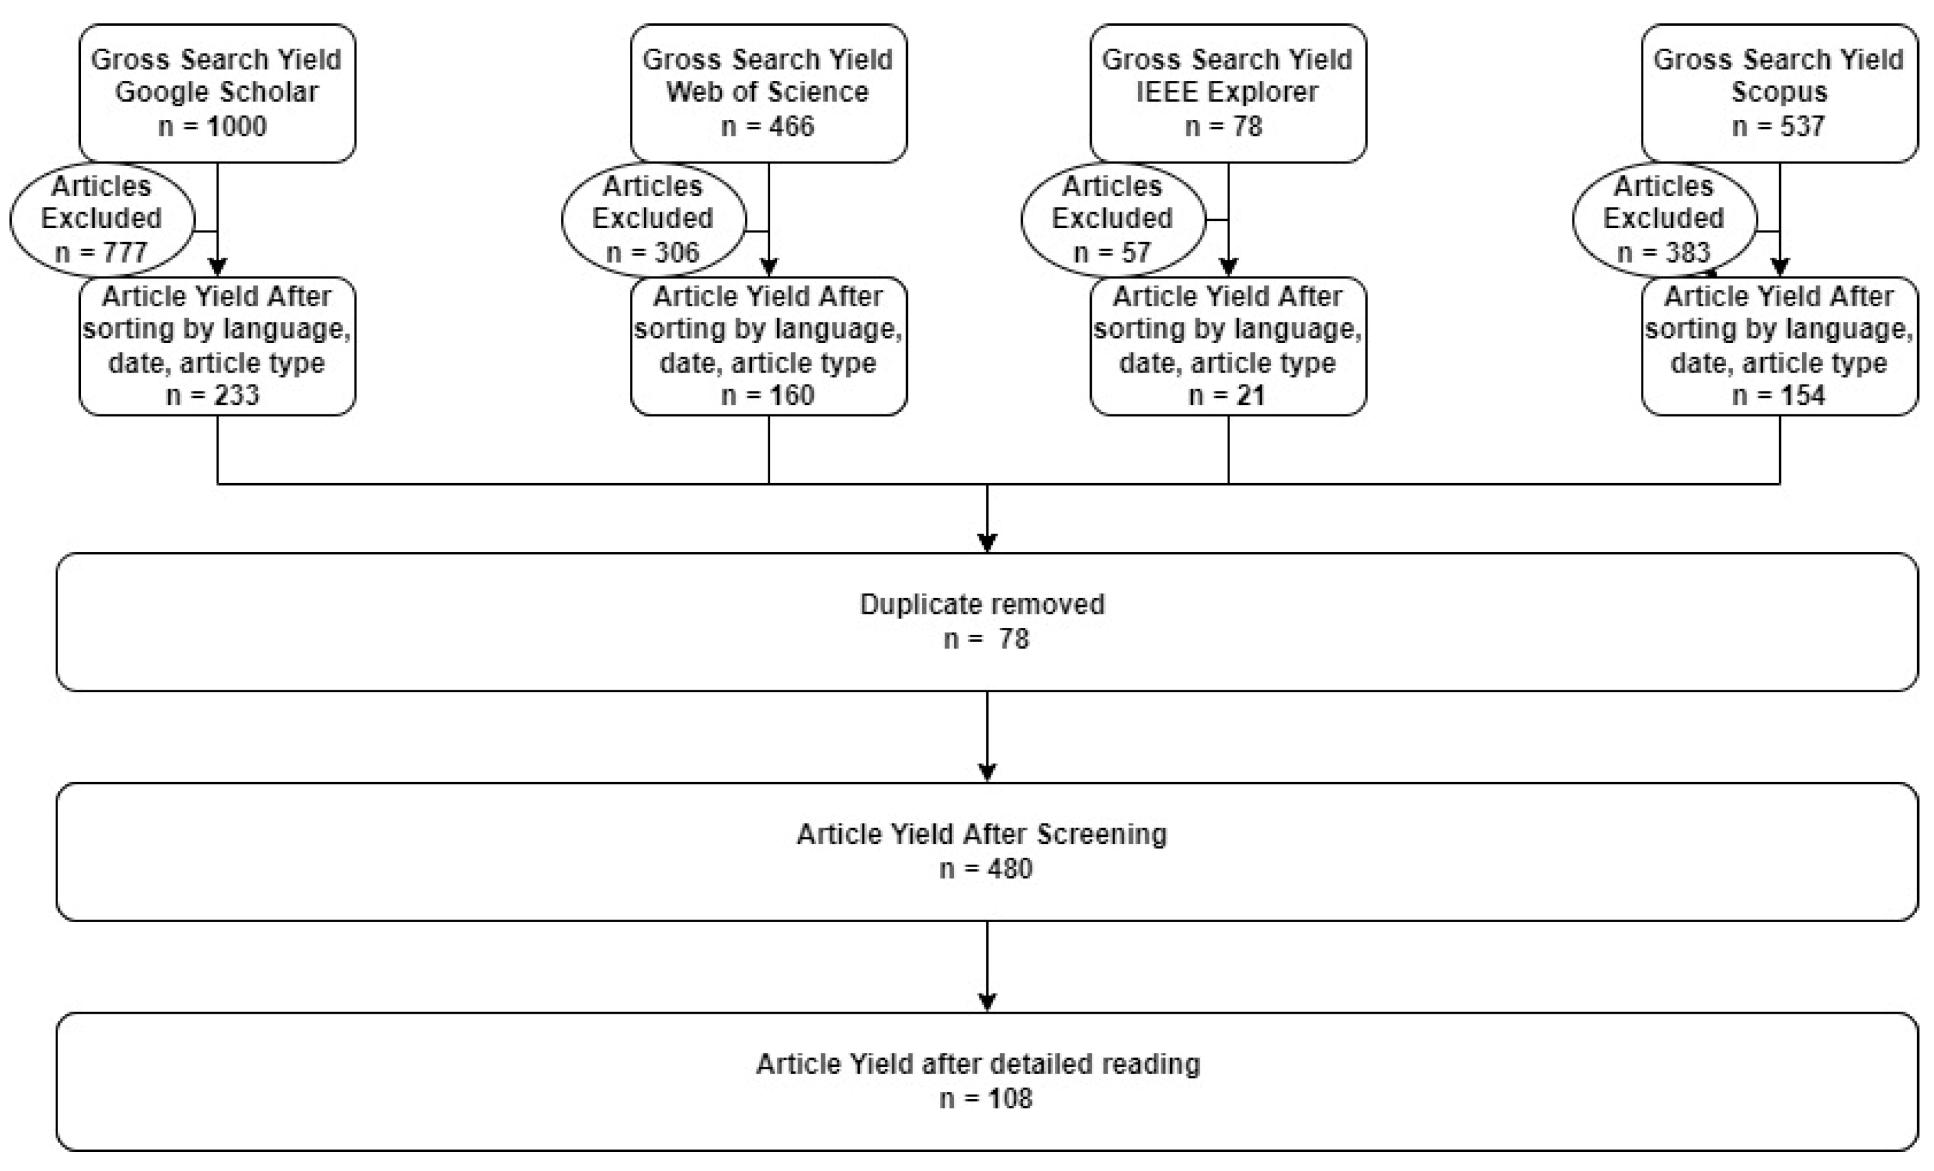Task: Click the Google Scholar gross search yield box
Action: [217, 93]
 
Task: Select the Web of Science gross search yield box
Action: [768, 93]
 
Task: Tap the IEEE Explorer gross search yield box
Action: [1228, 93]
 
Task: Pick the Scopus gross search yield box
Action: [1779, 93]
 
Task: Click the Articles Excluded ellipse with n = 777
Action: [101, 219]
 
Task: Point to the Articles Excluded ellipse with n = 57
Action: [1112, 219]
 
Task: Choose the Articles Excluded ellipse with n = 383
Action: [1663, 219]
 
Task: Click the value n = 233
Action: [213, 395]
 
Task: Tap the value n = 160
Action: [768, 395]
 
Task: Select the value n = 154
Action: [1779, 395]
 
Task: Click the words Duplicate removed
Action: [982, 604]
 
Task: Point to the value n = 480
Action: [986, 869]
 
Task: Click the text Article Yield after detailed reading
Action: [978, 1064]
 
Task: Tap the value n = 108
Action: [986, 1098]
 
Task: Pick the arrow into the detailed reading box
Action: [987, 967]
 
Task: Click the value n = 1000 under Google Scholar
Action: [213, 126]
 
